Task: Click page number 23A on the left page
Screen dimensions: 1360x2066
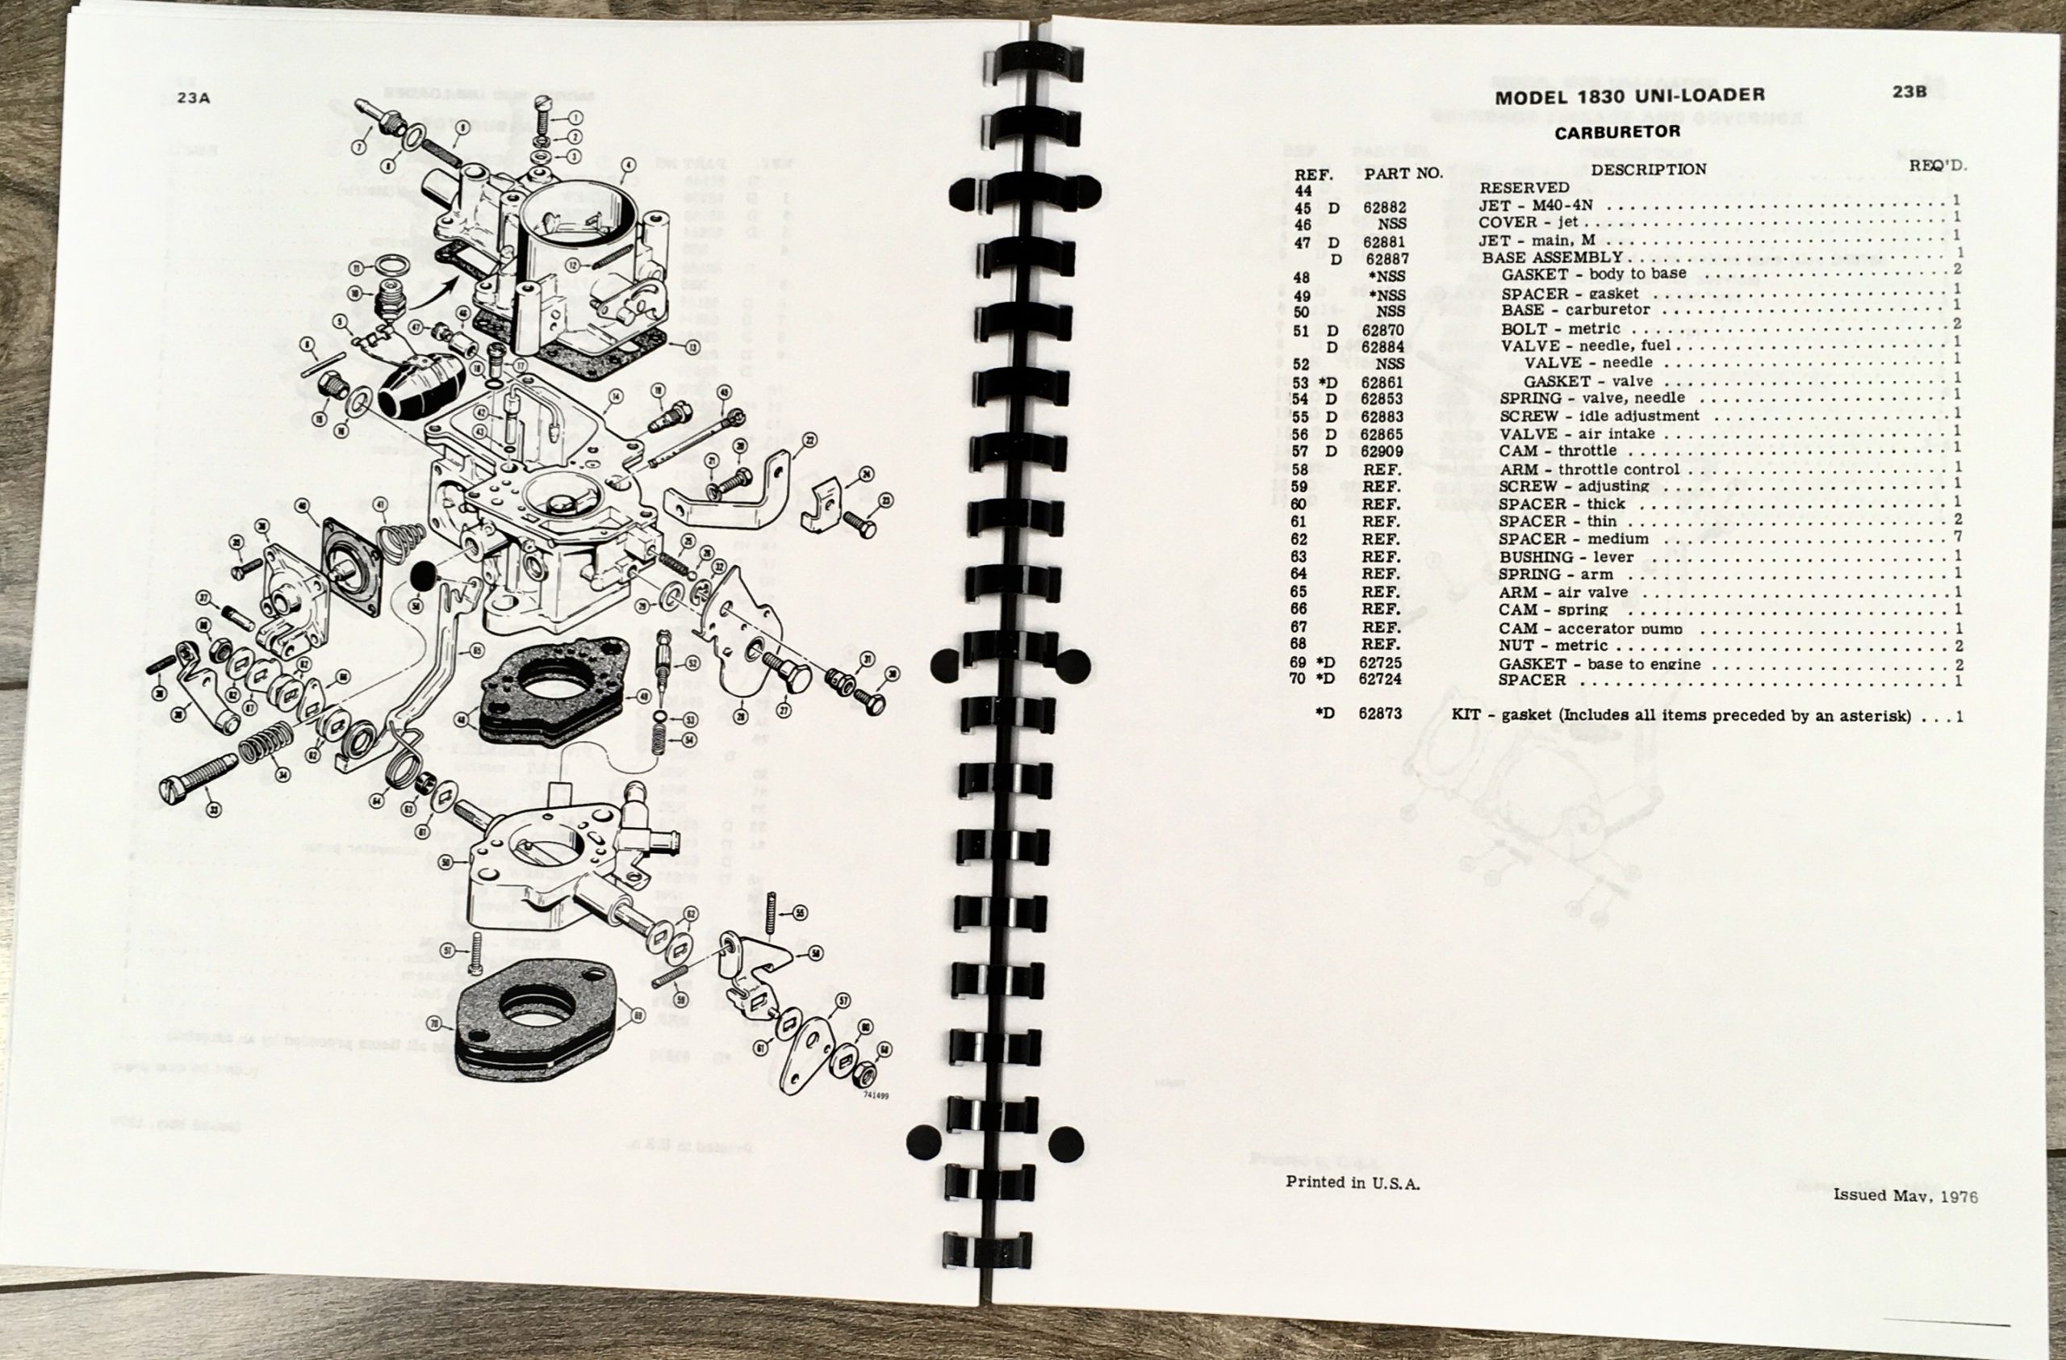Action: [193, 98]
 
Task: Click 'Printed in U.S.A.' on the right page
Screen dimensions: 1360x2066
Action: [1353, 1182]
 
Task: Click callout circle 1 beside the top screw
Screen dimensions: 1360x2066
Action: [576, 116]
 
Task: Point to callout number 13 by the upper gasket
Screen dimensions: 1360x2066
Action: [692, 347]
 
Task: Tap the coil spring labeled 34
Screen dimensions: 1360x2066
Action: [263, 747]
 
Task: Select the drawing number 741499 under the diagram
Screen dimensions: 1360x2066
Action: [876, 1096]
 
